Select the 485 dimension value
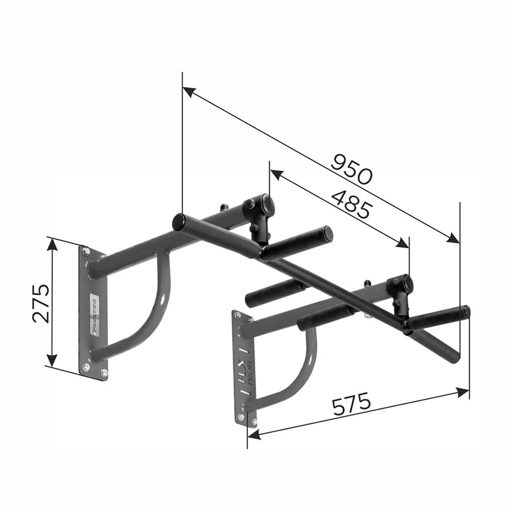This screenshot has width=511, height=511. (351, 204)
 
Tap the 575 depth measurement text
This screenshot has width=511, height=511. (352, 405)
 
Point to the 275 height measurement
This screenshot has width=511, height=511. (41, 303)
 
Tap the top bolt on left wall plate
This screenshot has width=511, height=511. (86, 252)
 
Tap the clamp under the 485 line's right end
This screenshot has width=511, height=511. (402, 289)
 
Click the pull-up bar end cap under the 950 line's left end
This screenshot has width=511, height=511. (178, 222)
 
